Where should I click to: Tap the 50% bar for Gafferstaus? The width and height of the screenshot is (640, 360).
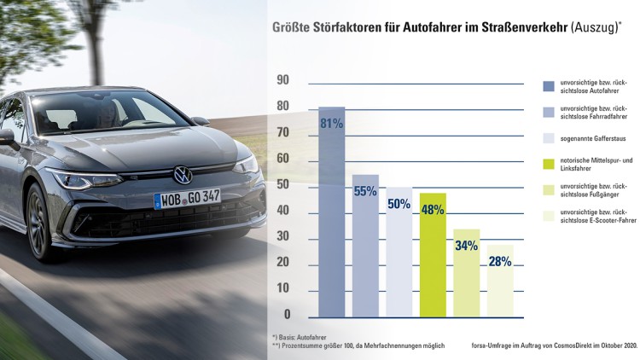(x=399, y=252)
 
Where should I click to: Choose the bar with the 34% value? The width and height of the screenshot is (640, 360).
(x=466, y=272)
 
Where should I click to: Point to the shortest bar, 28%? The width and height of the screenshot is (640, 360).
(x=500, y=281)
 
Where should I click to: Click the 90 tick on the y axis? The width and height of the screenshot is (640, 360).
(x=284, y=80)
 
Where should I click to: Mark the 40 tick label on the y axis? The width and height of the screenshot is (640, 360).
(x=284, y=211)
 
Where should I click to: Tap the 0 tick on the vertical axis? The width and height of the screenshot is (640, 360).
(x=288, y=315)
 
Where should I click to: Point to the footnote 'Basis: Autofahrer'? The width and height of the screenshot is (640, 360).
(x=303, y=338)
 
